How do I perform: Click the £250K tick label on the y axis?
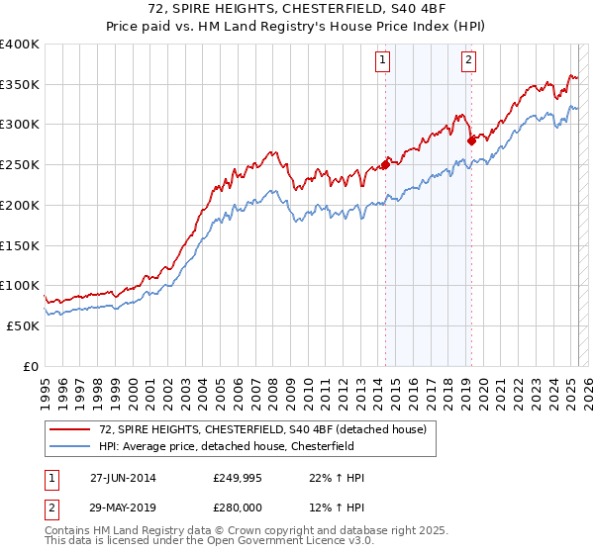[x=20, y=164]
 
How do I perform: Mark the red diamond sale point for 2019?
[x=471, y=140]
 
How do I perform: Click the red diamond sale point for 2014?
[x=385, y=164]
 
